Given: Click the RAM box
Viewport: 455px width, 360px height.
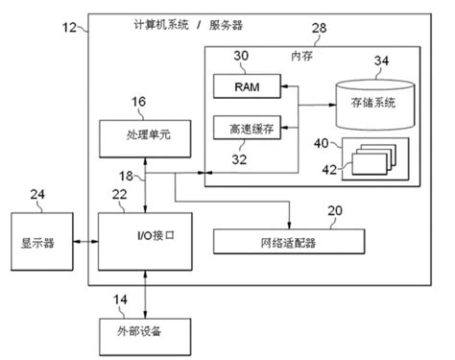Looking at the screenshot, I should (245, 87).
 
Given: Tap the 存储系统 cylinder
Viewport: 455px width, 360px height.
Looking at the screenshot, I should (376, 98).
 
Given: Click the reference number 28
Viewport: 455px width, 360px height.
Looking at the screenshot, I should (319, 31).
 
